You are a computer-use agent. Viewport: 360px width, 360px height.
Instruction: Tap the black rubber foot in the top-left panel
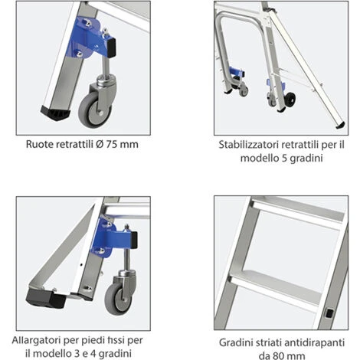[x=55, y=113]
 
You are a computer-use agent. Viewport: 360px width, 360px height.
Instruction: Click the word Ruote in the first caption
[x=39, y=144]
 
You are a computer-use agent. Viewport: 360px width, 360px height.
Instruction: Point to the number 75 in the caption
[x=111, y=144]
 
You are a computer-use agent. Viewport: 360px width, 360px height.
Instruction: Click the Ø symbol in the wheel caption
[x=100, y=144]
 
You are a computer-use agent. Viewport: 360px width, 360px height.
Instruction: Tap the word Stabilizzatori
[x=249, y=145]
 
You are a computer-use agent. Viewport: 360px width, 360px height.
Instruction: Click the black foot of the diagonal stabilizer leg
[x=340, y=125]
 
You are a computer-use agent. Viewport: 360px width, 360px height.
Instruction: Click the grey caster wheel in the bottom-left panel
[x=118, y=299]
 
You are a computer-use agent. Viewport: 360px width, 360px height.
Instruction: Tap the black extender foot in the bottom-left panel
[x=46, y=297]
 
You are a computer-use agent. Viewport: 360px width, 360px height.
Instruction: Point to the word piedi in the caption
[x=93, y=341]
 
